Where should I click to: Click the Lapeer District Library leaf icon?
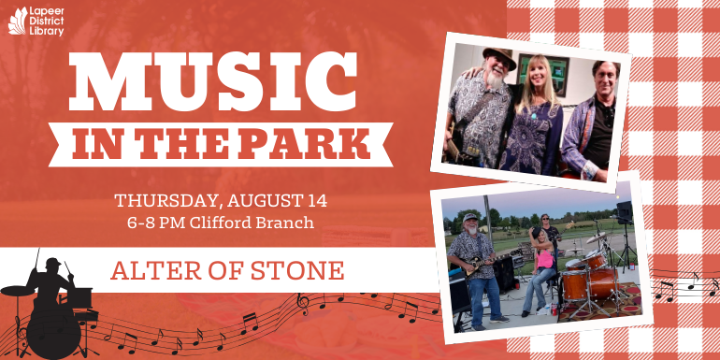coord(18,20)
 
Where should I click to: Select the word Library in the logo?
coord(48,32)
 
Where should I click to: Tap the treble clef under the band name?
coord(302,301)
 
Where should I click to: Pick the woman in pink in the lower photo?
coord(540,266)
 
